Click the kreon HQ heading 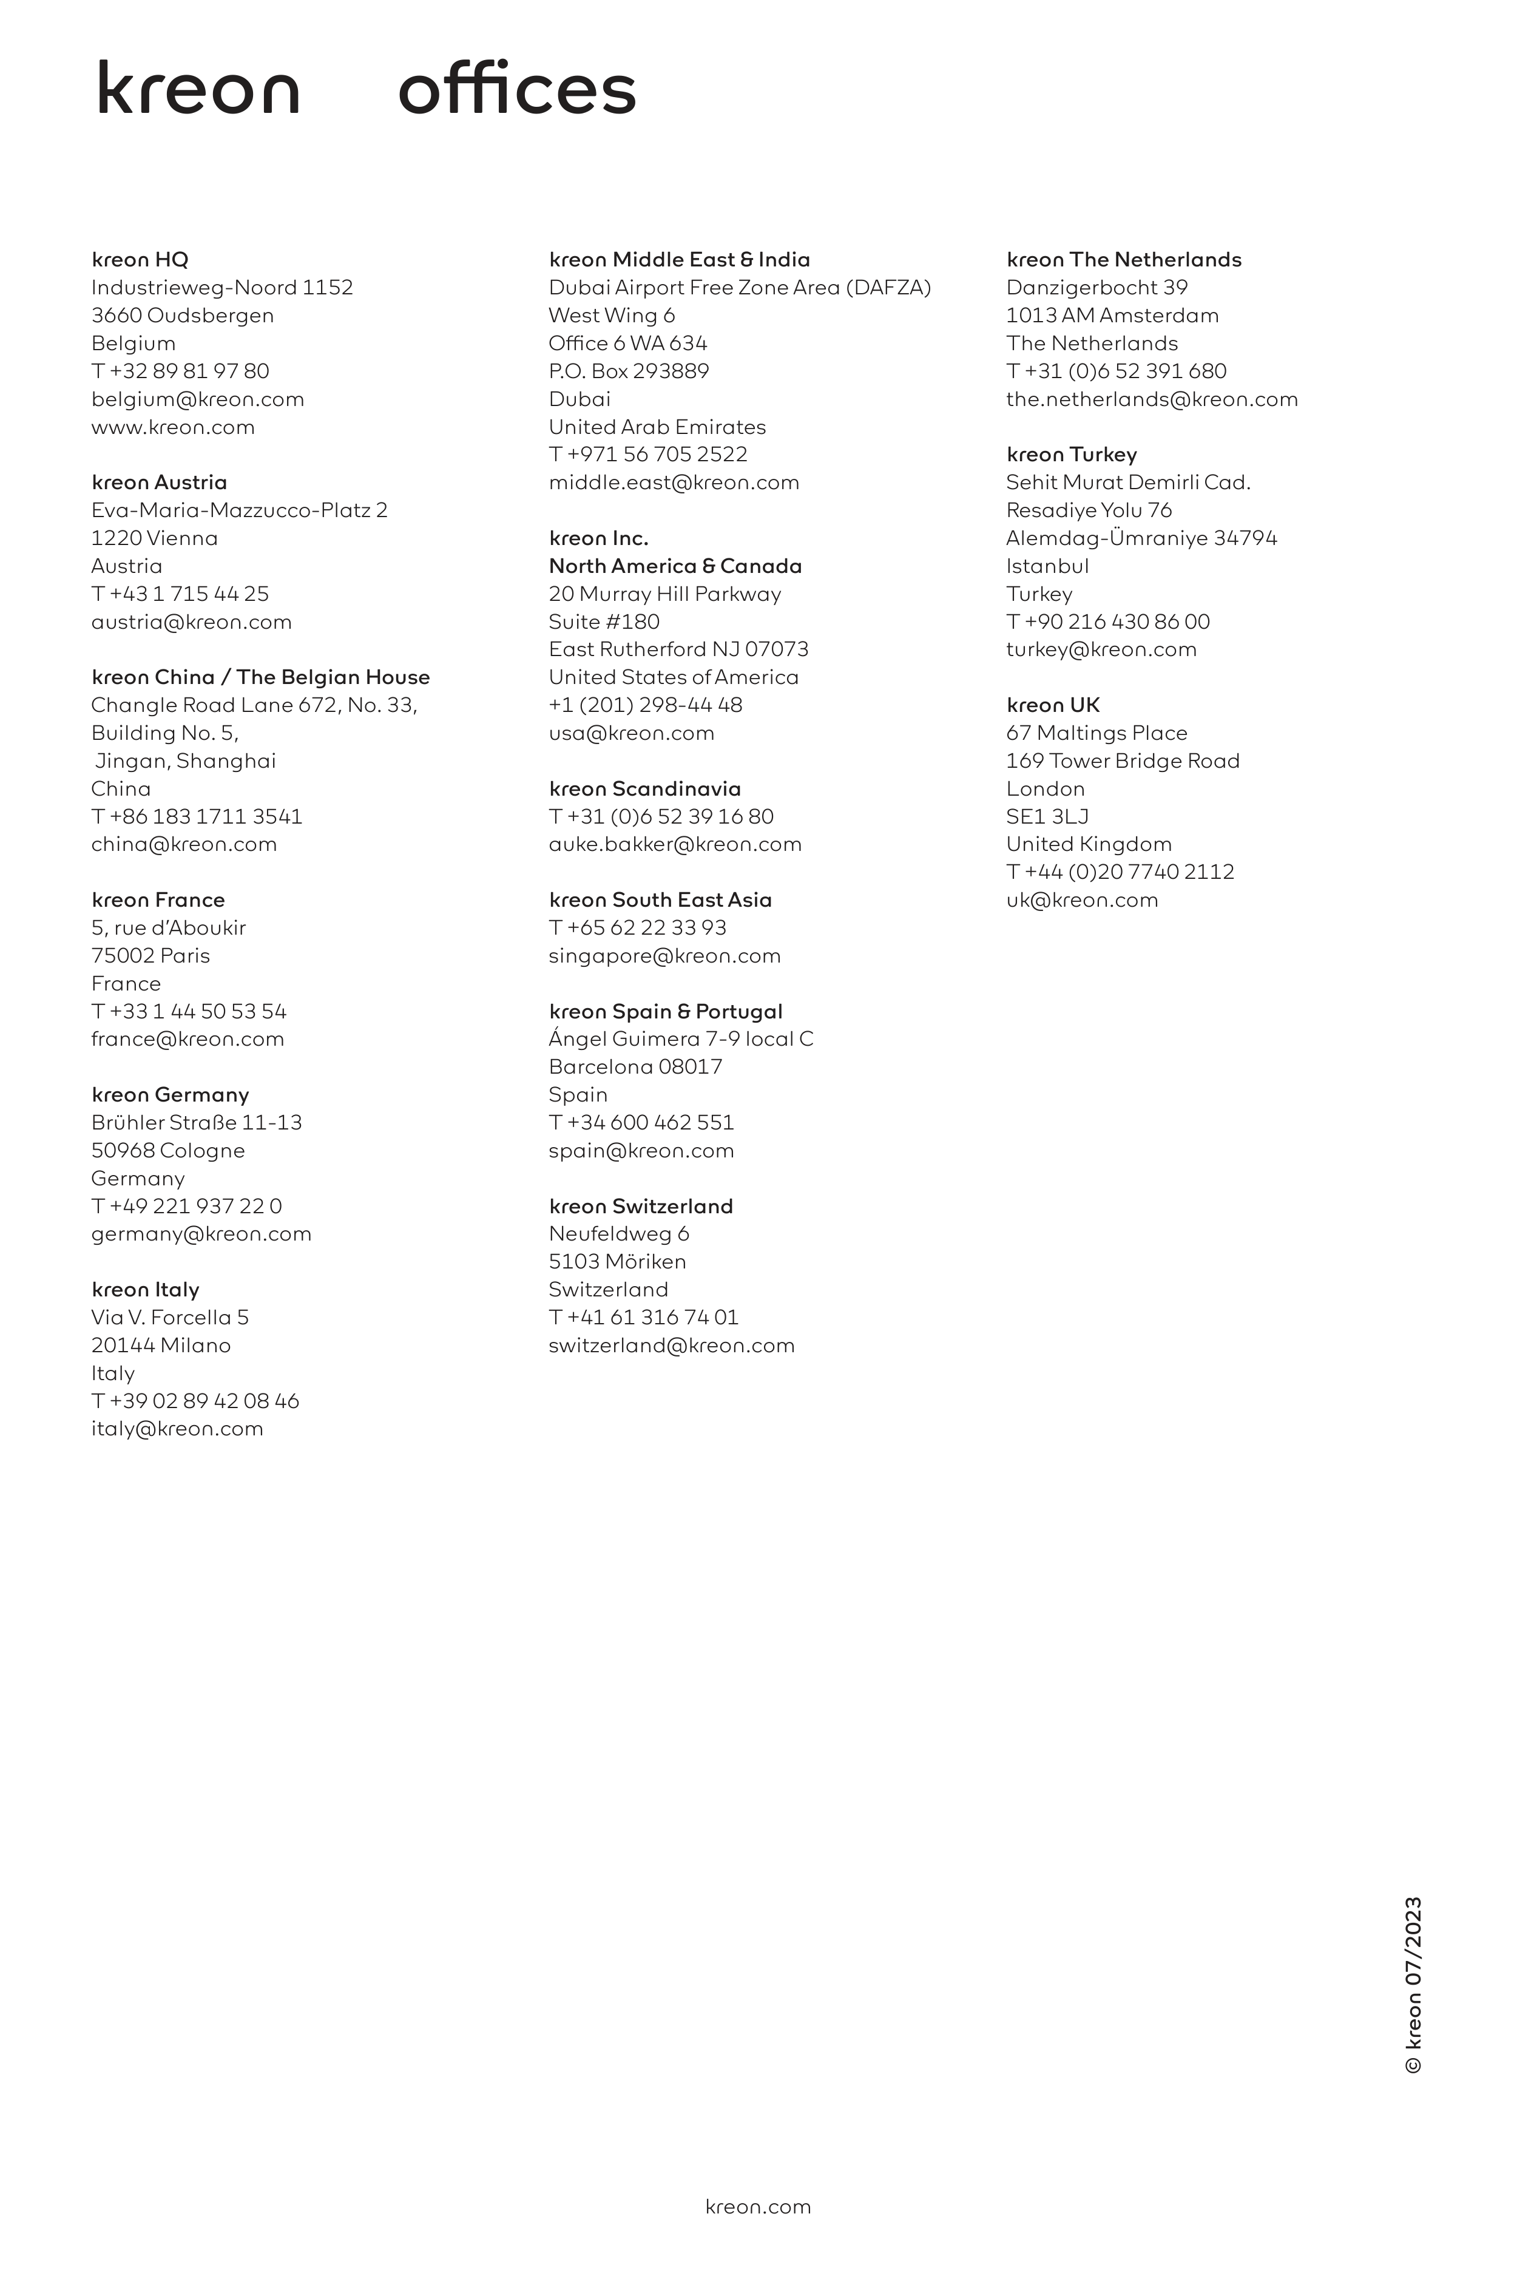[140, 259]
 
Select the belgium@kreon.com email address [197, 399]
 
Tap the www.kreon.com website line [173, 427]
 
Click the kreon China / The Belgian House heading [260, 677]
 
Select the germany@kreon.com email [201, 1234]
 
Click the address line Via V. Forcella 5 [171, 1317]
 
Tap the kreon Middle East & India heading [679, 259]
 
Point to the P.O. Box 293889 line [629, 371]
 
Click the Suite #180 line [604, 621]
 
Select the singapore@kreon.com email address [664, 955]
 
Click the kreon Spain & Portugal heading [666, 1011]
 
